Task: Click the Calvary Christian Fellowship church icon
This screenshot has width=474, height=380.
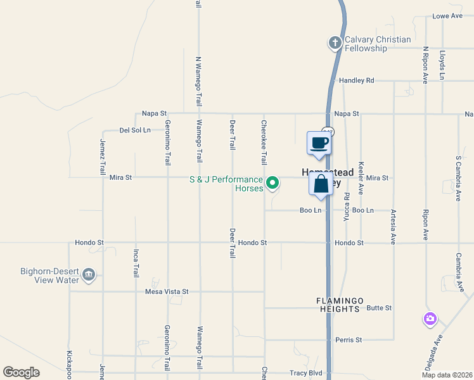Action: [335, 43]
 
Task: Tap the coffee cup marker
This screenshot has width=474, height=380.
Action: [319, 143]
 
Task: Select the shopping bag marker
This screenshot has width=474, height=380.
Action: [321, 185]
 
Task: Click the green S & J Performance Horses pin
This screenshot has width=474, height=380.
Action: [272, 183]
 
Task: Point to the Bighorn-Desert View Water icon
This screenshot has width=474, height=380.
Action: [89, 275]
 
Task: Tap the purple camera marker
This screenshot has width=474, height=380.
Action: [430, 318]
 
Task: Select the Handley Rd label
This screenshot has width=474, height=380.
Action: [357, 80]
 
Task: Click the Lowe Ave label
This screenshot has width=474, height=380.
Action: [447, 16]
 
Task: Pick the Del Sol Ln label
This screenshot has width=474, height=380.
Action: [135, 130]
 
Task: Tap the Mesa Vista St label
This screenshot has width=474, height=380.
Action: [167, 292]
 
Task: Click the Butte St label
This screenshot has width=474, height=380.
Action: [380, 308]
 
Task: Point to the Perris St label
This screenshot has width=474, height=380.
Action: [349, 339]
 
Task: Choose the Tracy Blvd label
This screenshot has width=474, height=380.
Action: [306, 373]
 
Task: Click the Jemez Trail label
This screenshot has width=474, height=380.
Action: [102, 157]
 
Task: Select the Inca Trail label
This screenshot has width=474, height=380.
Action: [136, 263]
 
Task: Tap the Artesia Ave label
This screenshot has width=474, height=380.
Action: [393, 227]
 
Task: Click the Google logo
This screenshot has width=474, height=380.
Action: [21, 372]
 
